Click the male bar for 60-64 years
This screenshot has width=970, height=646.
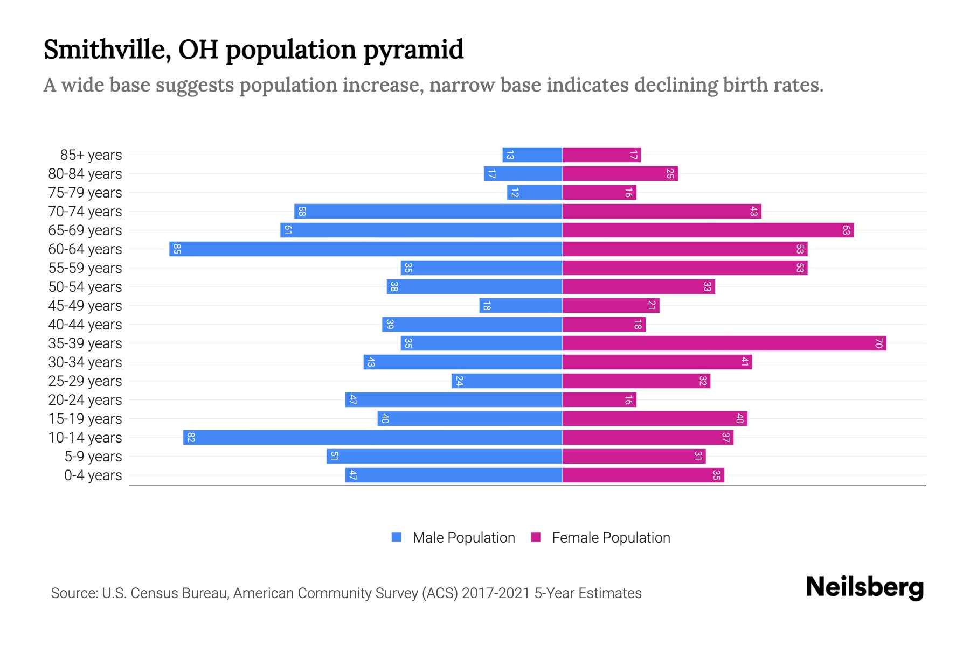(x=366, y=249)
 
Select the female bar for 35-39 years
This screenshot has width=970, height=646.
(x=724, y=343)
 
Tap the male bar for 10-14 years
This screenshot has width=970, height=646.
(x=373, y=438)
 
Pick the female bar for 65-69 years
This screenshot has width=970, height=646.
(x=708, y=230)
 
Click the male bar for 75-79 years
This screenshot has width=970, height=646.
(x=535, y=193)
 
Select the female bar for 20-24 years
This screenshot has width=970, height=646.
(x=599, y=400)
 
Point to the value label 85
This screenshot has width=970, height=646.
(x=177, y=249)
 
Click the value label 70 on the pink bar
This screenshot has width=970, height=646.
(x=878, y=343)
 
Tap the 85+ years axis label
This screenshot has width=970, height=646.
(x=91, y=155)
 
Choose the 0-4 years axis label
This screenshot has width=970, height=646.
(x=93, y=475)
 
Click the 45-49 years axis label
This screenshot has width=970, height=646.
(x=85, y=306)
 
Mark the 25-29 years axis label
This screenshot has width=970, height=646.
(x=85, y=381)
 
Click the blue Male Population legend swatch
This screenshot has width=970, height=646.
(x=397, y=537)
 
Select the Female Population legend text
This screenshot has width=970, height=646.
(x=611, y=538)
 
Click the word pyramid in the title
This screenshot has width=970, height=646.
(x=413, y=50)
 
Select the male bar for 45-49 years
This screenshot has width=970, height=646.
(x=521, y=306)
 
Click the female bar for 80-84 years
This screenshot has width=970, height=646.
(x=620, y=174)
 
